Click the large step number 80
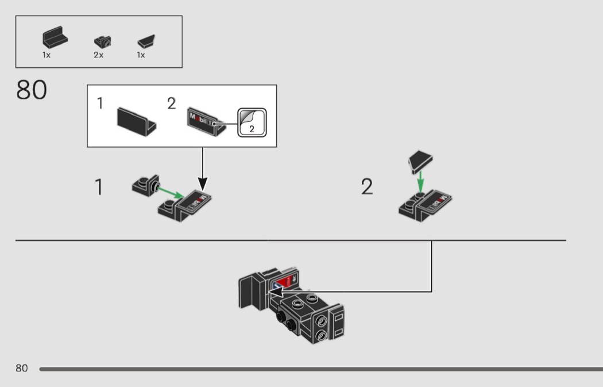click(x=32, y=90)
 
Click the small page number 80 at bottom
click(x=22, y=368)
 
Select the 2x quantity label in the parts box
click(x=98, y=56)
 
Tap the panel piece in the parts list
click(x=55, y=39)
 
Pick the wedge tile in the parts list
click(x=148, y=41)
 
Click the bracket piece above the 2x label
click(x=103, y=41)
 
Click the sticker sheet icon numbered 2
click(x=252, y=122)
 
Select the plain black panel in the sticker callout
click(x=136, y=120)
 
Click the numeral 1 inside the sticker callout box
click(x=100, y=104)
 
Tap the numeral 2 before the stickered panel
click(x=172, y=104)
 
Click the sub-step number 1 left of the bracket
click(x=99, y=187)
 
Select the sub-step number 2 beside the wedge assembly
click(x=367, y=187)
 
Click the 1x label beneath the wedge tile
click(x=141, y=56)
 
